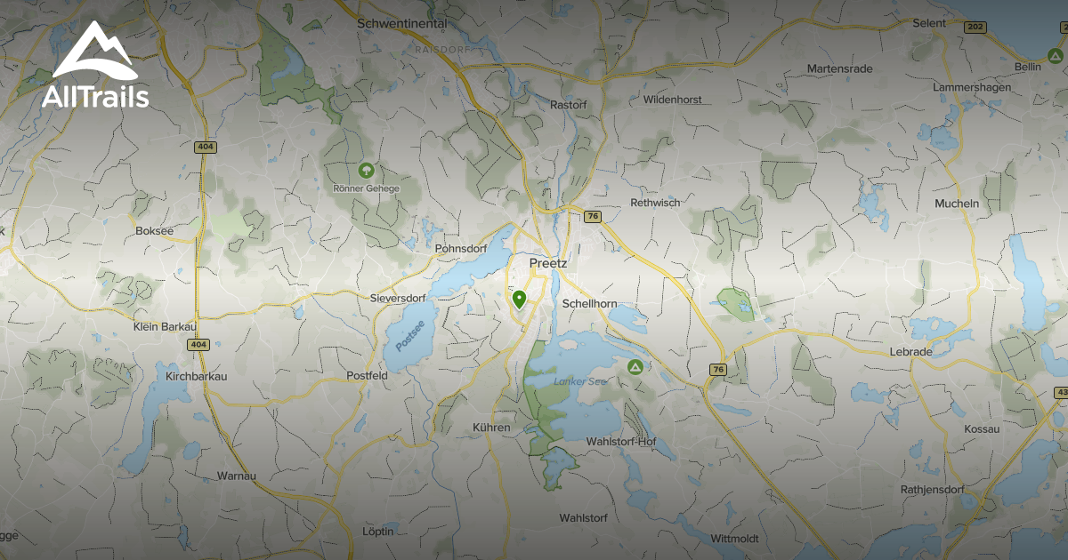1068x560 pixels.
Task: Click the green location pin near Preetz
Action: [519, 299]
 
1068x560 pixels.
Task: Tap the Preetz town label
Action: [547, 263]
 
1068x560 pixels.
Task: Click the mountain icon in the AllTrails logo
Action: [93, 52]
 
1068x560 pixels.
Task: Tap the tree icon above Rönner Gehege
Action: [365, 169]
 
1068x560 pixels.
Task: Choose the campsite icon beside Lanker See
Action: [635, 367]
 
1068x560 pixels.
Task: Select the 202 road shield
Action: [974, 28]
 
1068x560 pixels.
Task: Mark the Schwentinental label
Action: [400, 23]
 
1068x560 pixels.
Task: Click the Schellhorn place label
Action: [589, 304]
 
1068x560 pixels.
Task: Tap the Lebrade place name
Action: [910, 352]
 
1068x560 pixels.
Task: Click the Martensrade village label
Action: [839, 68]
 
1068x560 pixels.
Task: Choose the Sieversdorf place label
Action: [398, 299]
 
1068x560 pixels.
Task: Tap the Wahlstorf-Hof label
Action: [620, 442]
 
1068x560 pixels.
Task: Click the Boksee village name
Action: [154, 230]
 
